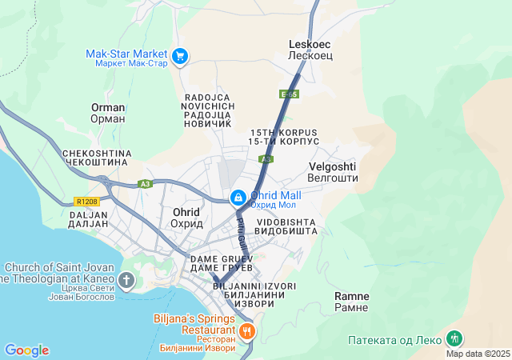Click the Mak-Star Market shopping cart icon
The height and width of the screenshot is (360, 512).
pyautogui.click(x=181, y=56)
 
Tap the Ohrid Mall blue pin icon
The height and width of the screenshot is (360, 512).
pyautogui.click(x=238, y=197)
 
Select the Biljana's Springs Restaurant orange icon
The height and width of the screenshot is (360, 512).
pyautogui.click(x=247, y=330)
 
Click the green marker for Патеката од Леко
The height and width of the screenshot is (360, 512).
pyautogui.click(x=454, y=338)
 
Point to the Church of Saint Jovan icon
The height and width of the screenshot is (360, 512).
pyautogui.click(x=126, y=279)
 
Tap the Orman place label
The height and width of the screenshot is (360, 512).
pyautogui.click(x=108, y=113)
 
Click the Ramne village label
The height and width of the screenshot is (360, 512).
pyautogui.click(x=351, y=302)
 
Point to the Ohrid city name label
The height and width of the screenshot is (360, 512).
pyautogui.click(x=186, y=218)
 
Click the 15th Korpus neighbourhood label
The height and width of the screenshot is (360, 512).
pyautogui.click(x=284, y=137)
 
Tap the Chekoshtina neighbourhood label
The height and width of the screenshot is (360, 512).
pyautogui.click(x=95, y=157)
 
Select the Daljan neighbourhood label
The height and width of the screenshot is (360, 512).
pyautogui.click(x=88, y=219)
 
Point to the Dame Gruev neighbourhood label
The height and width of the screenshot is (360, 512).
pyautogui.click(x=222, y=263)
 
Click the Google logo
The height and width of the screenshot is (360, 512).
pyautogui.click(x=26, y=350)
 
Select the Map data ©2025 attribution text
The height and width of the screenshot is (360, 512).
pyautogui.click(x=478, y=354)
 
